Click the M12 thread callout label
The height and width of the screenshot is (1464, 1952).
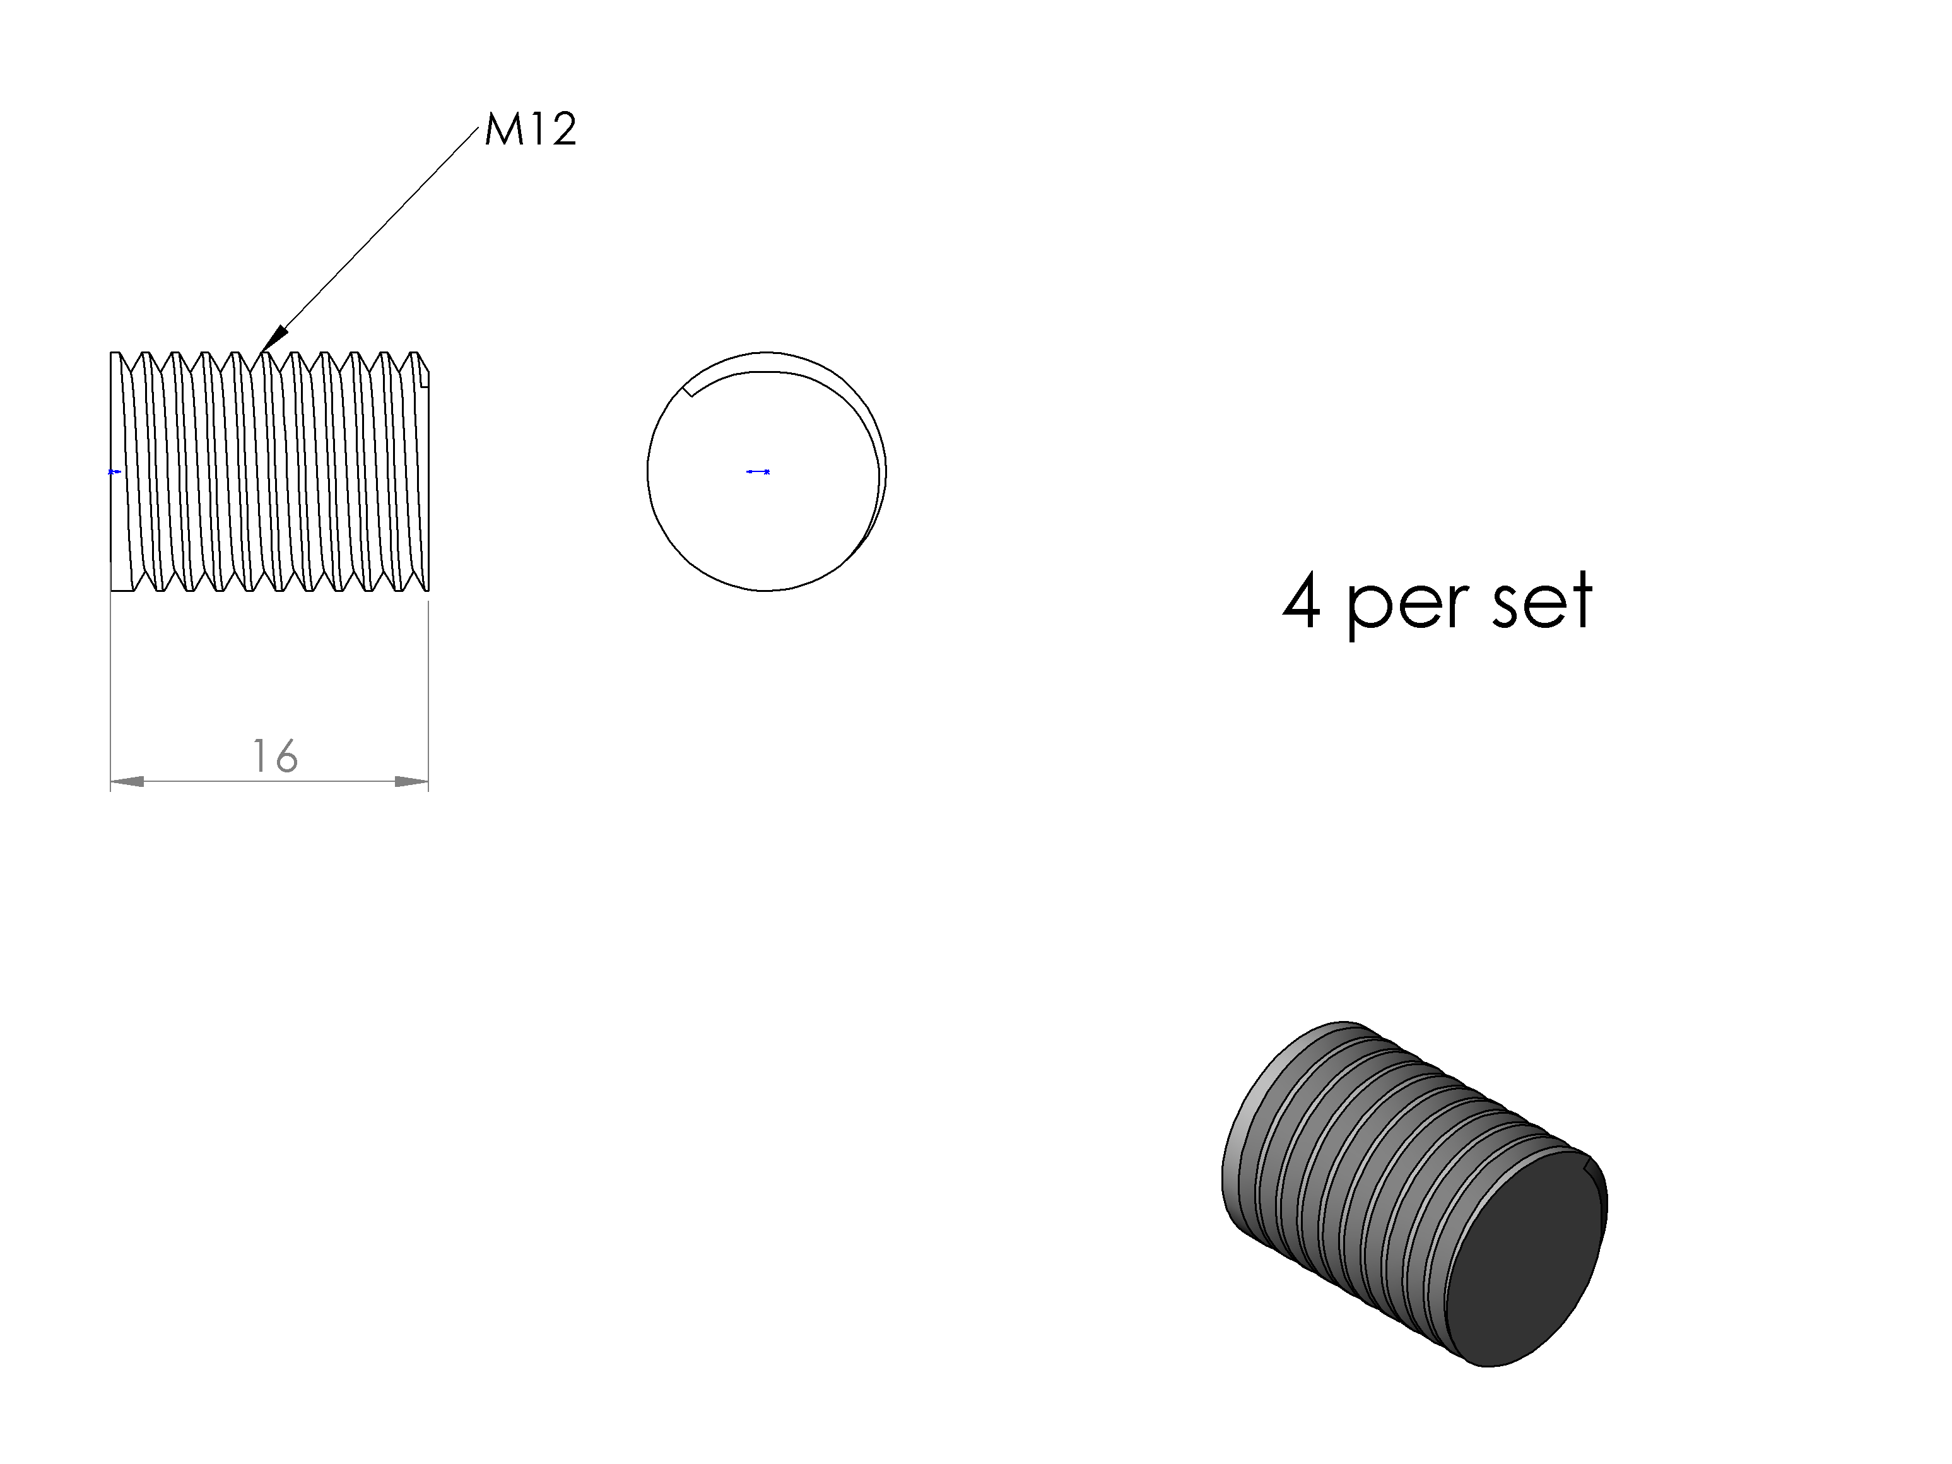point(531,130)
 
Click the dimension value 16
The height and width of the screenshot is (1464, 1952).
point(275,756)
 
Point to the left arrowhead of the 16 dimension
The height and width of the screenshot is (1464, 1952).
point(127,781)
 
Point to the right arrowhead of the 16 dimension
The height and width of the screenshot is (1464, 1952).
point(411,781)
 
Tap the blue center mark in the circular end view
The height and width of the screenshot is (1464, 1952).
point(758,472)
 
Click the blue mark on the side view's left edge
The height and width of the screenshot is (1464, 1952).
point(114,472)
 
